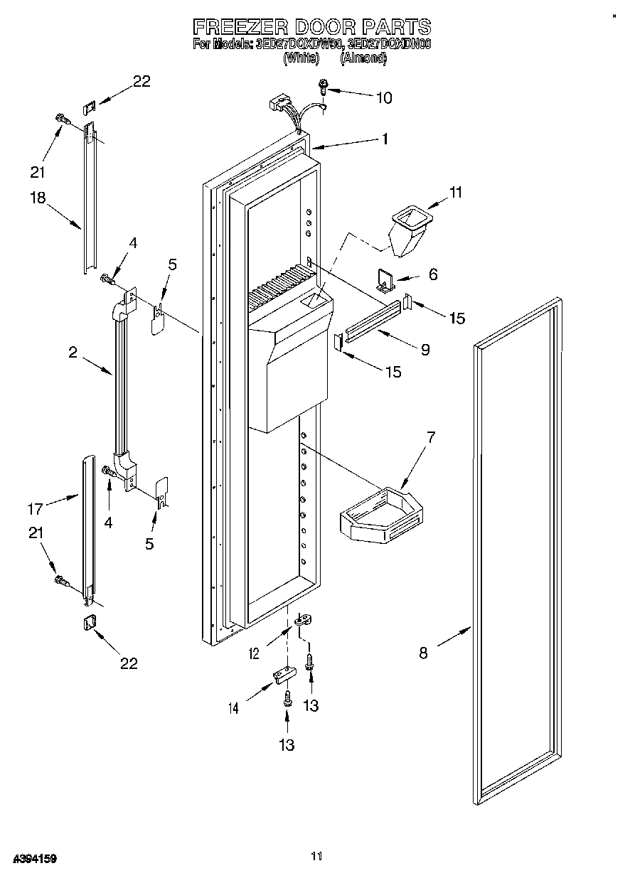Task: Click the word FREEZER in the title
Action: click(x=240, y=27)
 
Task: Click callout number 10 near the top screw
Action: click(x=383, y=97)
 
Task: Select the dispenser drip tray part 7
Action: click(x=380, y=514)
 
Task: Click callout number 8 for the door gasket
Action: click(x=423, y=653)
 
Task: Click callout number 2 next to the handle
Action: click(x=73, y=352)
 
